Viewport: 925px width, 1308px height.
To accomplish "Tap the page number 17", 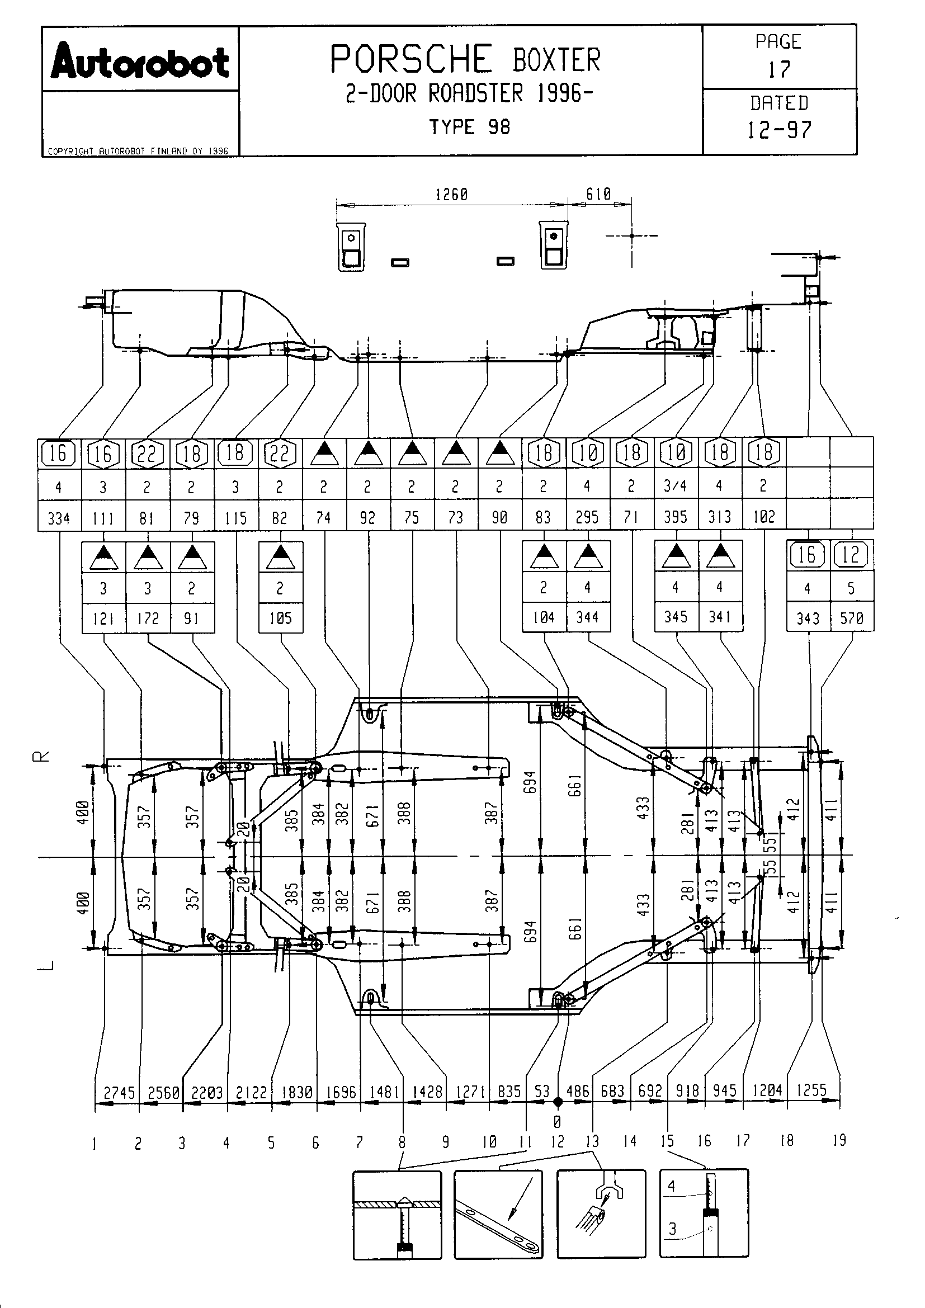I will point(778,69).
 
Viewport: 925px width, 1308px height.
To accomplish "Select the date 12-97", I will point(778,130).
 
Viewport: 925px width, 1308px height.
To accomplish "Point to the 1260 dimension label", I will point(452,195).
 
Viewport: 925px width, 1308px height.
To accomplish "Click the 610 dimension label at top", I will point(598,194).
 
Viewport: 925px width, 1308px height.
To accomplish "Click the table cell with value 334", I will point(59,518).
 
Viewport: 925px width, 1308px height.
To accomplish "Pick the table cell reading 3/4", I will point(676,486).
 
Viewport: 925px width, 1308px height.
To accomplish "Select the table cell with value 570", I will point(852,618).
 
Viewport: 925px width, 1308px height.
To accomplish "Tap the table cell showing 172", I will point(148,618).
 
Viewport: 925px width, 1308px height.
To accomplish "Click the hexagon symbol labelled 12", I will point(851,554).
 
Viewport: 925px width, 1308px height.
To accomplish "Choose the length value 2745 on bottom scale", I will point(119,1092).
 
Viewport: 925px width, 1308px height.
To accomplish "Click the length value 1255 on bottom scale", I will point(811,1090).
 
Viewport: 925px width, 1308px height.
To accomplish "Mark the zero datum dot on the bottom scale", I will point(558,1102).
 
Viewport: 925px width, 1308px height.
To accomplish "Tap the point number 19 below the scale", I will point(839,1140).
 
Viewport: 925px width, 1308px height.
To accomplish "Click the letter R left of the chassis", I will point(44,756).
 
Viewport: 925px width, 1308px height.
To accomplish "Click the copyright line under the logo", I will point(138,152).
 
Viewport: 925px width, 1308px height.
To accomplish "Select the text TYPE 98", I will point(470,127).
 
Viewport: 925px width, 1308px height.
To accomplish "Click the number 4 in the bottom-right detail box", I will point(672,1186).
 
